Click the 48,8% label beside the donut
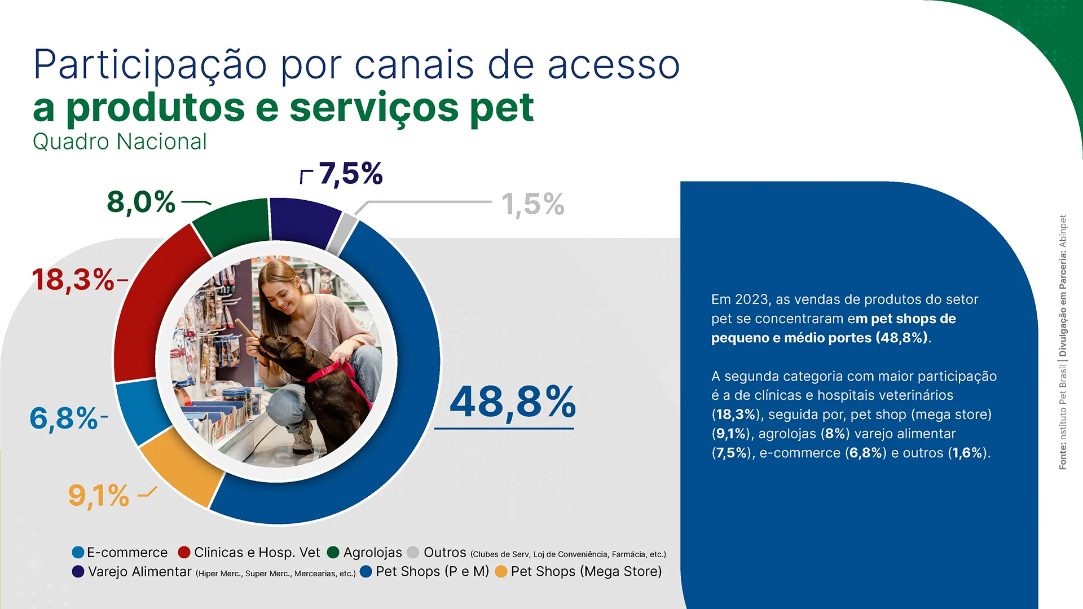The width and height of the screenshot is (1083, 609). tap(512, 403)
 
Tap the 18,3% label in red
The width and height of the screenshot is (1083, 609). tap(73, 280)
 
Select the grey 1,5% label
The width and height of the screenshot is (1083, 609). tap(532, 204)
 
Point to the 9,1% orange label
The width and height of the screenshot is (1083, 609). tap(99, 496)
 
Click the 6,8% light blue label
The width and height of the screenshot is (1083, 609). tap(64, 418)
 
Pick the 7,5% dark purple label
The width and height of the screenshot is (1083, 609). tap(350, 174)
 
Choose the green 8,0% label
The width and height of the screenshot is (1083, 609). tap(141, 202)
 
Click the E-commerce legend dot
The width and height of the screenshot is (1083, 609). tap(78, 553)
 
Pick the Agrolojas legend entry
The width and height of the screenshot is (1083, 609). tap(372, 553)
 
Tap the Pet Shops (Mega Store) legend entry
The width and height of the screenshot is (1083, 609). tap(585, 572)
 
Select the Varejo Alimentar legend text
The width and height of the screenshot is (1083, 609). tap(140, 572)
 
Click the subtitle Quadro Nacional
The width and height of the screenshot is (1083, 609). tap(120, 142)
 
